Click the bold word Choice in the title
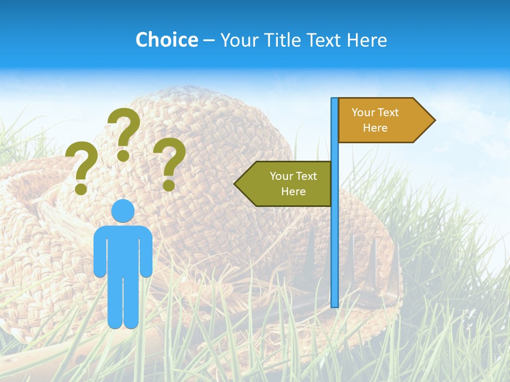pyautogui.click(x=166, y=40)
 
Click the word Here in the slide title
pyautogui.click(x=367, y=40)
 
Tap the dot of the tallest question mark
pyautogui.click(x=123, y=155)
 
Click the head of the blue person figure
pyautogui.click(x=123, y=211)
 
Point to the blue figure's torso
pyautogui.click(x=123, y=249)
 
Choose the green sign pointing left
pyautogui.click(x=287, y=184)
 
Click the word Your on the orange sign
pyautogui.click(x=363, y=112)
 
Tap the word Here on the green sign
pyautogui.click(x=293, y=192)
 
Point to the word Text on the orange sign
pyautogui.click(x=388, y=112)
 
